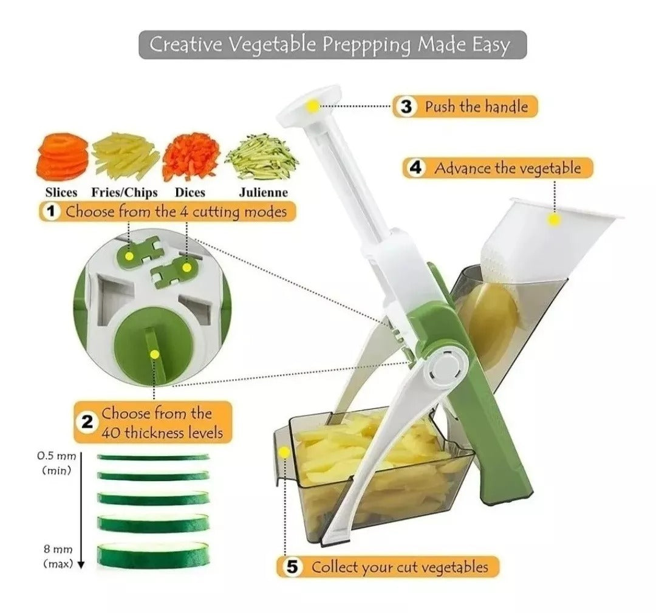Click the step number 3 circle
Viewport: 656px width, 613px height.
click(406, 107)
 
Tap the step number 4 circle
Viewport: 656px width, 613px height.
click(415, 168)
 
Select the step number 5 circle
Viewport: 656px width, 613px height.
click(292, 567)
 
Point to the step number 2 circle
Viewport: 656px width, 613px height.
click(87, 422)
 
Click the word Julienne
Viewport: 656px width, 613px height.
click(263, 193)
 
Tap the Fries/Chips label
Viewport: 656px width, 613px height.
click(125, 193)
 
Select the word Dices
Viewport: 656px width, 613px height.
click(190, 193)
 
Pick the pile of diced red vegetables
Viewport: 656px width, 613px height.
click(191, 156)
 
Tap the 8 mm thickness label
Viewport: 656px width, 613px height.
click(58, 556)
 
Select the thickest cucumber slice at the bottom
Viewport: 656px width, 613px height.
click(152, 555)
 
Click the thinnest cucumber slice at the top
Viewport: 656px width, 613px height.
click(152, 456)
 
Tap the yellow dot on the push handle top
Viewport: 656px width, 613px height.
click(312, 106)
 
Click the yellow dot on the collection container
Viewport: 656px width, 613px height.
click(284, 453)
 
